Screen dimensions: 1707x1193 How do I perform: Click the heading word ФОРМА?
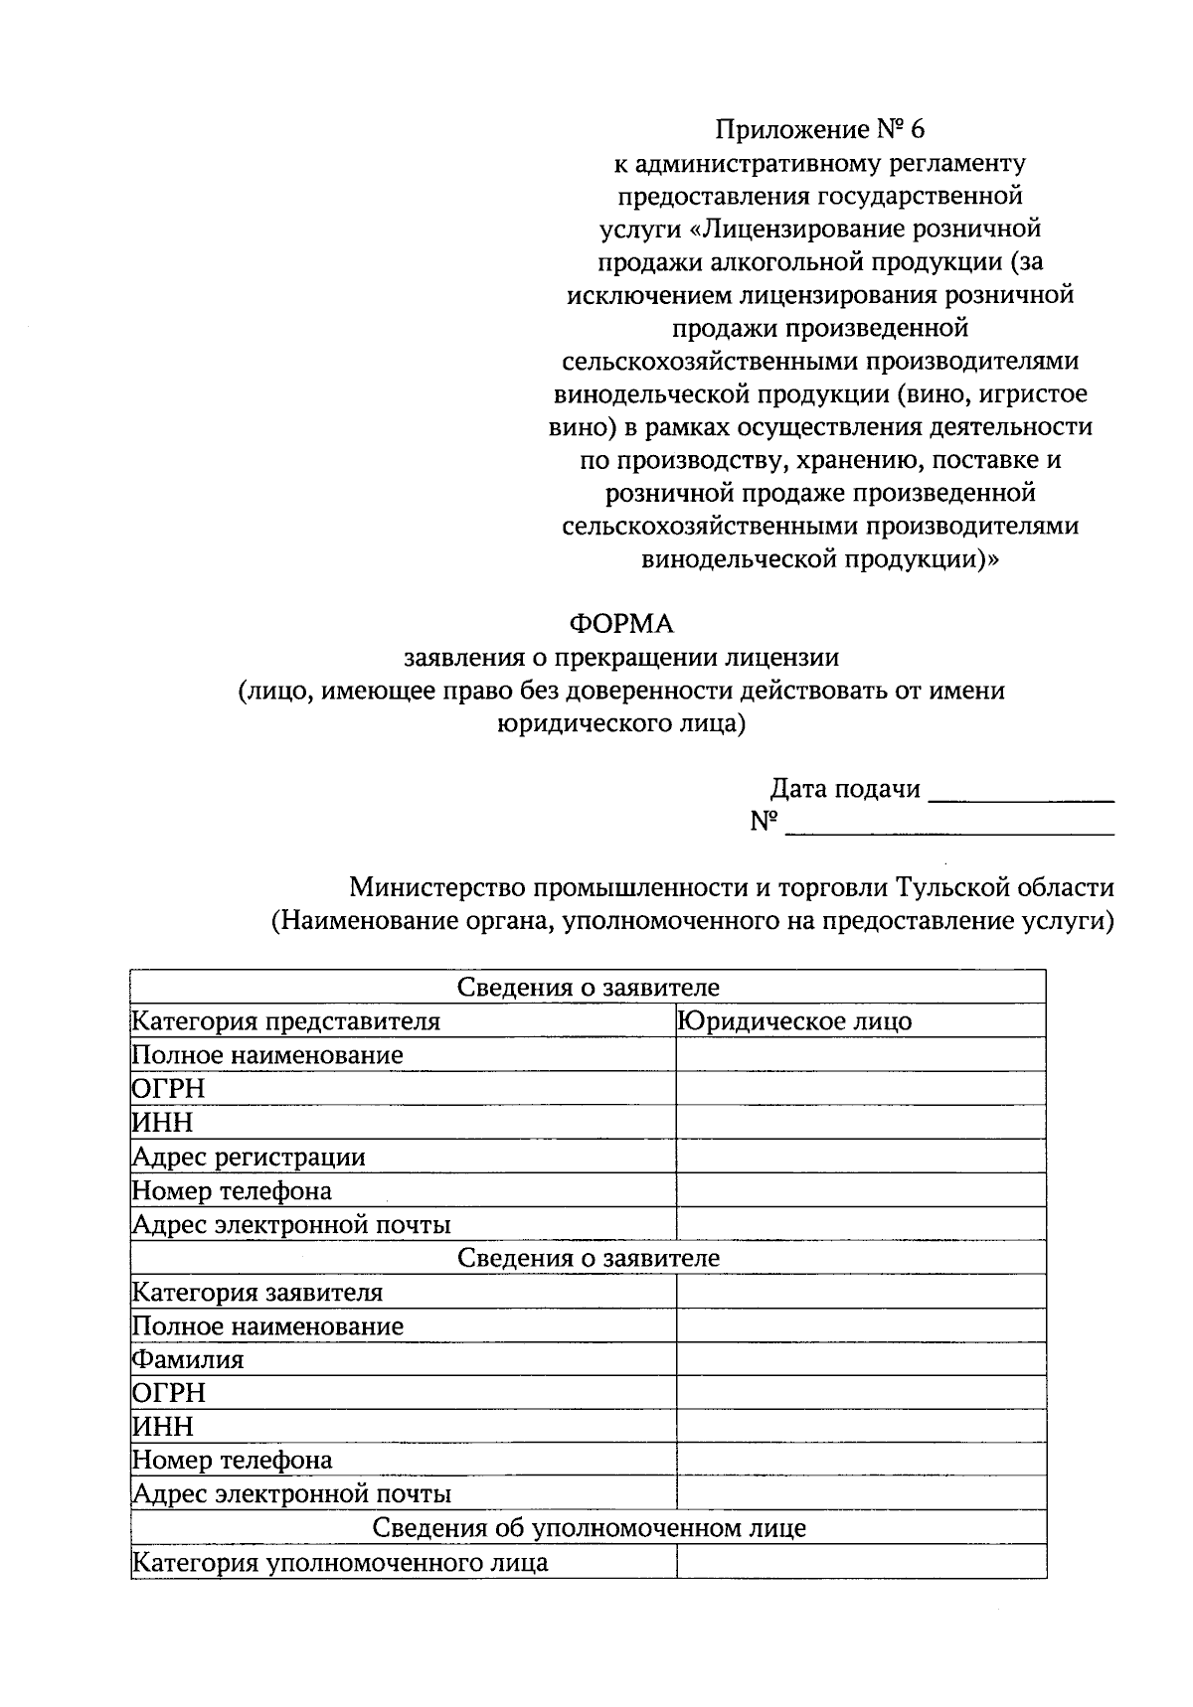point(620,624)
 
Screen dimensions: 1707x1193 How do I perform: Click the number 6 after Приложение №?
point(916,129)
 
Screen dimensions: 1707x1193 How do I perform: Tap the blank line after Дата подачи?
point(1025,794)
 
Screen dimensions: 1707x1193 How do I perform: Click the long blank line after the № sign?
point(949,828)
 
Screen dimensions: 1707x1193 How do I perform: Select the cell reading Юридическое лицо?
point(794,1021)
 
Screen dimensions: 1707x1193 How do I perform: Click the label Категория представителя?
point(286,1021)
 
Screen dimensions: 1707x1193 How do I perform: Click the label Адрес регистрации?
point(249,1157)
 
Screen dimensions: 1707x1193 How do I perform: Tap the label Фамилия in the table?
point(188,1359)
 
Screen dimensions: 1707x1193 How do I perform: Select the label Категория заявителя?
point(257,1293)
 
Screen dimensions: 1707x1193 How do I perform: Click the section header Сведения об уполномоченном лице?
point(589,1528)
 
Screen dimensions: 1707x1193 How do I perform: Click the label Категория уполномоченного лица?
point(340,1562)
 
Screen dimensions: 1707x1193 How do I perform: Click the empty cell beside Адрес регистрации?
point(860,1157)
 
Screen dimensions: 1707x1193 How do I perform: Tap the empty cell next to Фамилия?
point(860,1359)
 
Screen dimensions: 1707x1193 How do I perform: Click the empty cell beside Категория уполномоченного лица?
point(860,1562)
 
